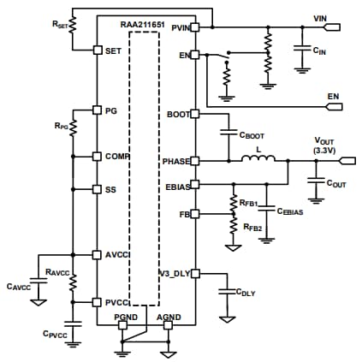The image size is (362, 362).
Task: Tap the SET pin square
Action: pos(98,50)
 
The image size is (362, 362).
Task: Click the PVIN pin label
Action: pos(180,28)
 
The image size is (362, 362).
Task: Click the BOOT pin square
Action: pos(195,113)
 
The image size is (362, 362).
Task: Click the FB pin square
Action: pos(195,213)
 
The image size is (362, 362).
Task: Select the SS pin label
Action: pos(110,189)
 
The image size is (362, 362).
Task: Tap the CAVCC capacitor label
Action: pos(18,286)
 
